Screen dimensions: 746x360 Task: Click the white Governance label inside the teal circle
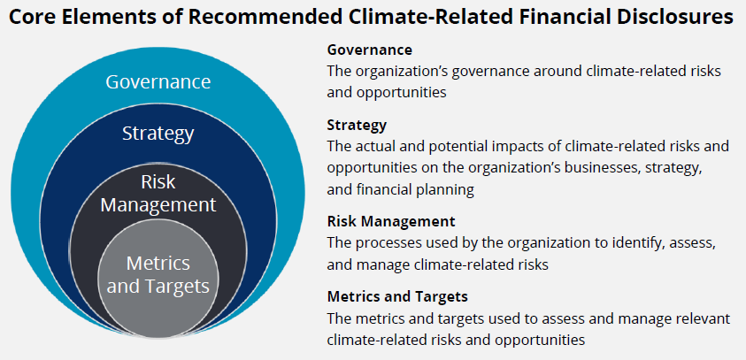point(158,81)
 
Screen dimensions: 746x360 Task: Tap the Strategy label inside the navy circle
point(158,134)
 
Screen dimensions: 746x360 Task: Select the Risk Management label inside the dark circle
point(158,193)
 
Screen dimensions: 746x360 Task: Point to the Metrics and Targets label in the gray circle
point(158,274)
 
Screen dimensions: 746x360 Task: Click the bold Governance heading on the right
point(369,50)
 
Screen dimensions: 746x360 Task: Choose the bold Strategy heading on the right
point(357,126)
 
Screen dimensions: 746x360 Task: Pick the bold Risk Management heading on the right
point(391,222)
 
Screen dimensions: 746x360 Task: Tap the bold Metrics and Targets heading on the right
point(397,296)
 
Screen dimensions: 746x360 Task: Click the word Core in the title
point(28,17)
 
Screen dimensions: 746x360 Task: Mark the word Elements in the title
point(88,17)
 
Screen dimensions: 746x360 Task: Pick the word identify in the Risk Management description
point(641,242)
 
